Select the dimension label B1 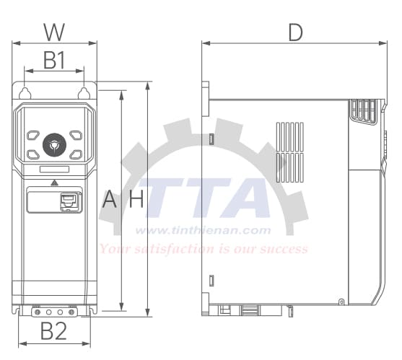[x=54, y=61]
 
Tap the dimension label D [x=294, y=32]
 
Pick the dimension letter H [x=136, y=200]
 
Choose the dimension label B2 [x=53, y=332]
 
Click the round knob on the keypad [x=54, y=144]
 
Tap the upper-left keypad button [x=34, y=135]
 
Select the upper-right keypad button [x=75, y=135]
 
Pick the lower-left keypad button [x=34, y=154]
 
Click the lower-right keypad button [x=75, y=154]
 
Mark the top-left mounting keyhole [x=25, y=93]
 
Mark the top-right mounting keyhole [x=84, y=93]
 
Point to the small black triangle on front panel [x=54, y=183]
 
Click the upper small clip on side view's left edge [x=211, y=139]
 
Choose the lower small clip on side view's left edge [x=211, y=280]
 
